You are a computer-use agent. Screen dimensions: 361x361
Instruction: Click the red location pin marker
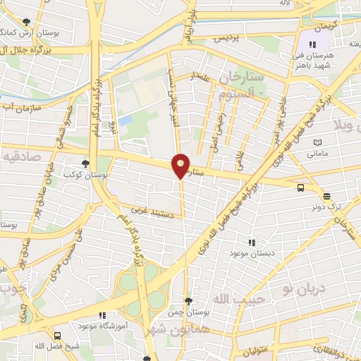coord(181,166)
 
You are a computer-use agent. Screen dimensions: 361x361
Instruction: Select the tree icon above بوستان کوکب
coord(86,163)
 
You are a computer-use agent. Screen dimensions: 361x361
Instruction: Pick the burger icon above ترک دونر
coord(326,196)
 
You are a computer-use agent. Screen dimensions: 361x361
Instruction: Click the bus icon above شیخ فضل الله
coord(58,336)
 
